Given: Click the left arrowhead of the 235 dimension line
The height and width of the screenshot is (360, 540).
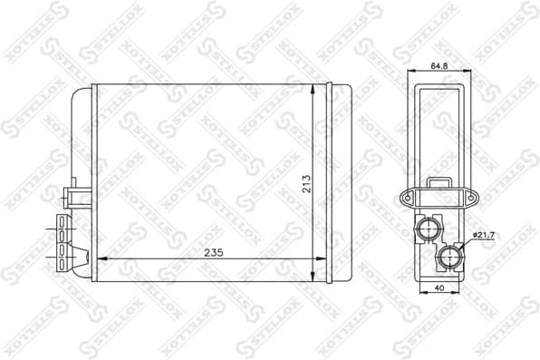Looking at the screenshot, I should coord(100,260).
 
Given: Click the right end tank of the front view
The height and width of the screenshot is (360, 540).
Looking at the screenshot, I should coord(341,181).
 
